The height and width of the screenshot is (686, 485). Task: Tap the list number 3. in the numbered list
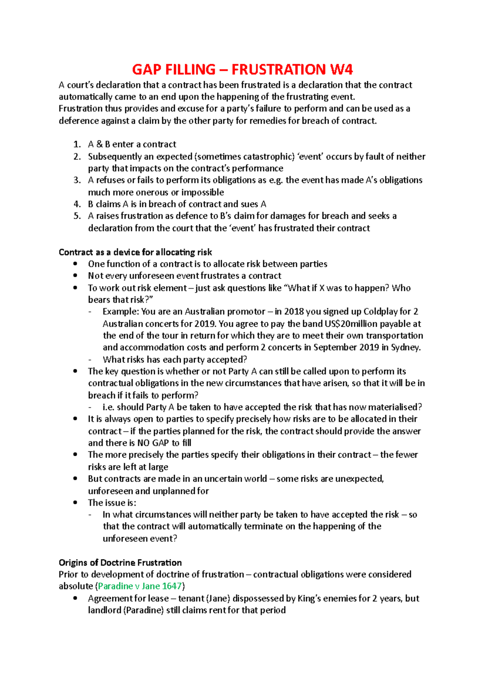pos(77,180)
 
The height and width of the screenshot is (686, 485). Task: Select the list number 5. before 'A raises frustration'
pos(77,216)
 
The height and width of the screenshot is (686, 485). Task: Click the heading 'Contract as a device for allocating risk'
pos(135,252)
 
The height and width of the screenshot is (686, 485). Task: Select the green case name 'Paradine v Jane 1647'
pos(140,586)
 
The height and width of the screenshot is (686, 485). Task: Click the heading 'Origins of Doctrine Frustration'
pos(120,562)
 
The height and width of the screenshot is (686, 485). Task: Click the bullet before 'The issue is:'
pos(75,503)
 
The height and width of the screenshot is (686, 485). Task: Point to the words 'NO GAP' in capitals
pos(153,443)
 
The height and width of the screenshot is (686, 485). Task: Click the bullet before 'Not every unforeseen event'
pos(75,276)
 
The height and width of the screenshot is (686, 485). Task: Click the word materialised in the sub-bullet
pos(394,407)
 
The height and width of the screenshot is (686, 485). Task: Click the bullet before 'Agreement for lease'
pos(75,598)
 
